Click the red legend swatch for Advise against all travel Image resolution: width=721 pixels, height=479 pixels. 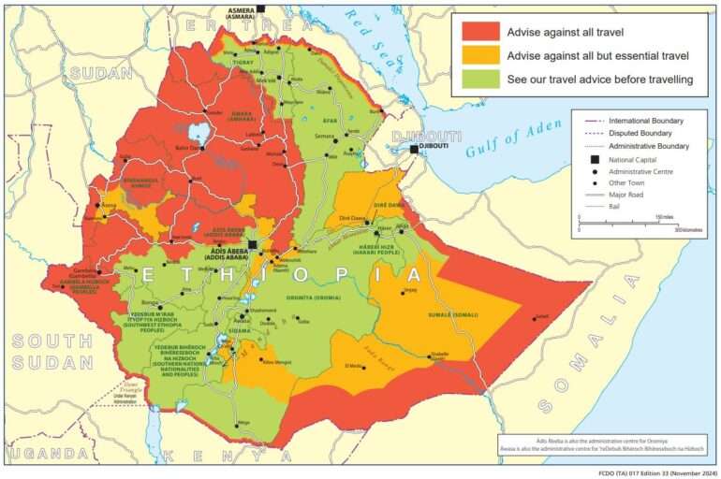click(478, 32)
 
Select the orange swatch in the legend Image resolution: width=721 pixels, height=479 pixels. click(478, 56)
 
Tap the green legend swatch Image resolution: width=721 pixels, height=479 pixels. click(478, 80)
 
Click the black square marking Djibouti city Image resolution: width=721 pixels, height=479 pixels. click(414, 148)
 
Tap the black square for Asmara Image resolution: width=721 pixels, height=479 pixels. click(261, 7)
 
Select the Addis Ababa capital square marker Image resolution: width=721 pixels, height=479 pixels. click(253, 244)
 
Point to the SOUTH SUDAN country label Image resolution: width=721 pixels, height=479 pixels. click(47, 351)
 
